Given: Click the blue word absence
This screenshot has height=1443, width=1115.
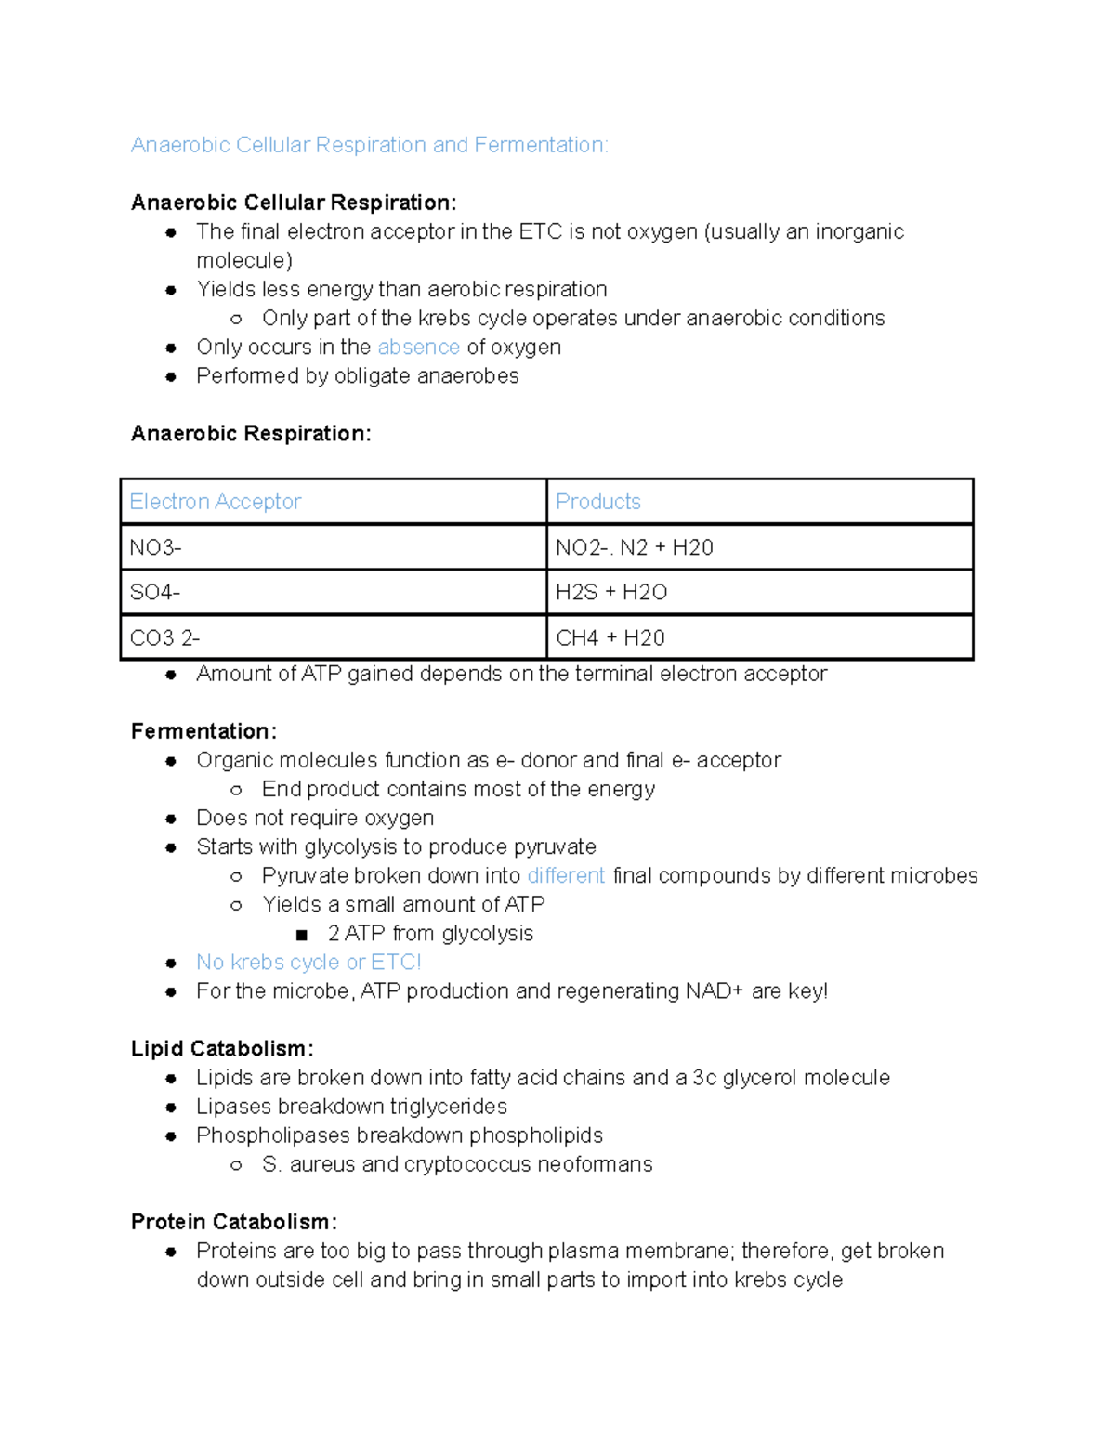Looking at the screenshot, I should (418, 348).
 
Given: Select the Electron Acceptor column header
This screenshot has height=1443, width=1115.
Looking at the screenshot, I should (216, 502).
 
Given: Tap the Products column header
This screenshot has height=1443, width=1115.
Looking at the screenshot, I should (598, 502).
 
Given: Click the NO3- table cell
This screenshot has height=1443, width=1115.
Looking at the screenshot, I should (155, 547).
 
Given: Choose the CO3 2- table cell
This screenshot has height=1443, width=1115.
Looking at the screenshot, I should (164, 638).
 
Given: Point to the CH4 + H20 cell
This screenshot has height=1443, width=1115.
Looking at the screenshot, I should (610, 638).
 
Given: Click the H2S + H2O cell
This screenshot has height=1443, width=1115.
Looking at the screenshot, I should (611, 593).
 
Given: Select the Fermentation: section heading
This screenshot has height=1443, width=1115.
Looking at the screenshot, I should (203, 731).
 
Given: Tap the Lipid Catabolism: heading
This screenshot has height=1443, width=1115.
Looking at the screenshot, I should (222, 1049).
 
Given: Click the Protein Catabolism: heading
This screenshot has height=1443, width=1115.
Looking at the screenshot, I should (233, 1222).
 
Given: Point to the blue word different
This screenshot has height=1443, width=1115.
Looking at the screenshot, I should (566, 876).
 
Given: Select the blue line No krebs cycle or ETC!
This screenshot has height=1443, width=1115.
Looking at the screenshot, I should (308, 963).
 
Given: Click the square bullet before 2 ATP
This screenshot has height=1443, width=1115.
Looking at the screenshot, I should (301, 935).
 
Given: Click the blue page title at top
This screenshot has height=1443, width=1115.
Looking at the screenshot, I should (369, 145).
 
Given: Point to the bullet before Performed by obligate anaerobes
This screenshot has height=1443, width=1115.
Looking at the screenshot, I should (171, 377).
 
